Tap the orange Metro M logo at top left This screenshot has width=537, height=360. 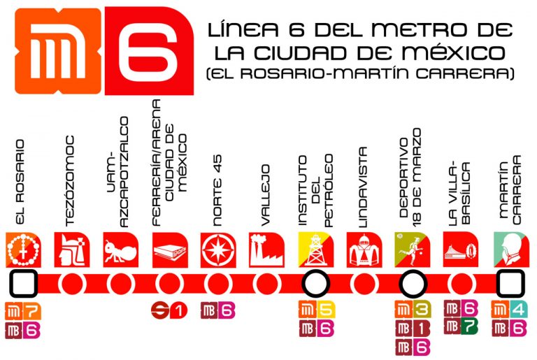coord(55,50)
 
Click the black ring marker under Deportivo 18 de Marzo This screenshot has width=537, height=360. coord(412,284)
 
